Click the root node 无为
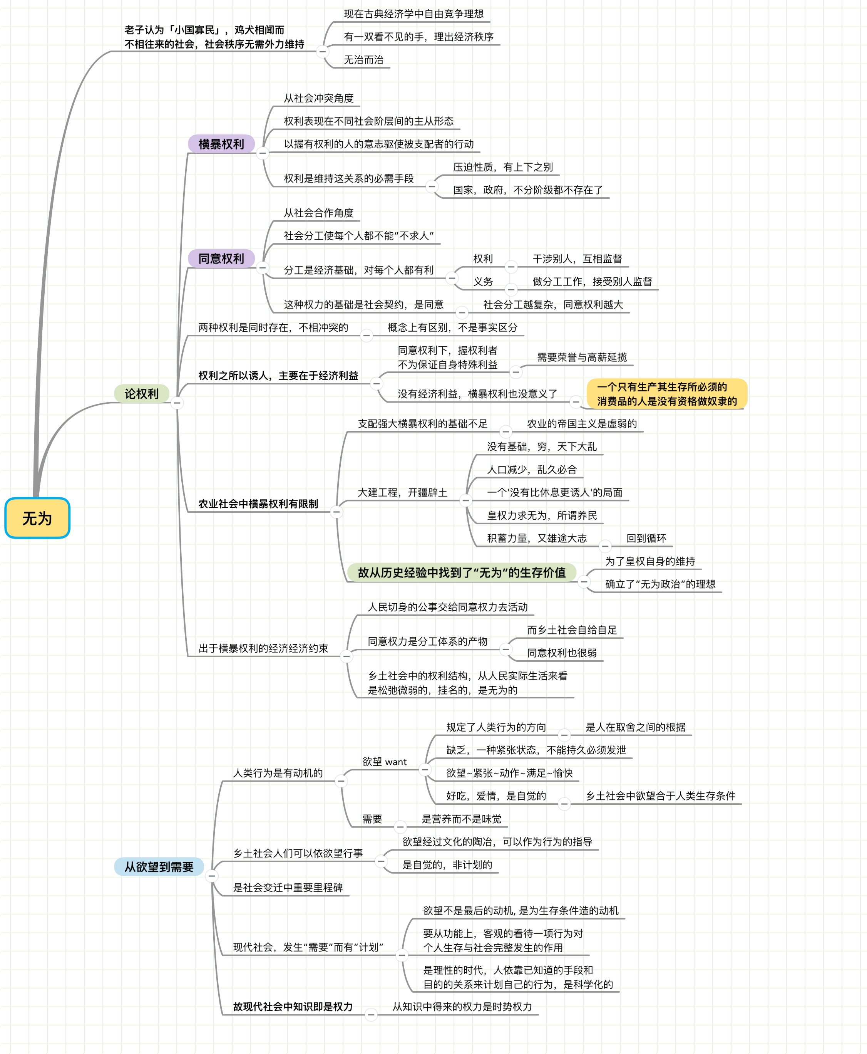(x=37, y=518)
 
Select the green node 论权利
(x=141, y=394)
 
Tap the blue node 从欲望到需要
(x=159, y=867)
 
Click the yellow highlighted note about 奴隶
(x=667, y=394)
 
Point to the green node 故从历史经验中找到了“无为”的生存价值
(x=462, y=573)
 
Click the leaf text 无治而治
(x=363, y=60)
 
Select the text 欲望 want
(x=384, y=762)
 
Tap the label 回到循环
(x=646, y=538)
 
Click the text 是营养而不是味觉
(x=462, y=819)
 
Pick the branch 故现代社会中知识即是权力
(x=293, y=1007)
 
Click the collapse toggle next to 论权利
(x=177, y=403)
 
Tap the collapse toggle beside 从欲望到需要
(x=212, y=876)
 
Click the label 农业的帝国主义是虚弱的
(x=582, y=424)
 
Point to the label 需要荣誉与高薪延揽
(x=582, y=357)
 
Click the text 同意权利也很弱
(x=562, y=653)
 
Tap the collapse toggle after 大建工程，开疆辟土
(x=465, y=500)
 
